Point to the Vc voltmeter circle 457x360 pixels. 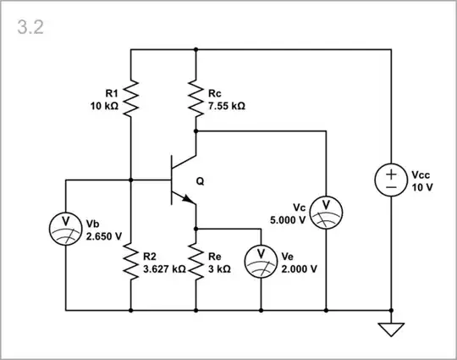click(326, 212)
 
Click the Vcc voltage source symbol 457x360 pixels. click(391, 180)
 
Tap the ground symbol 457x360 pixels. click(391, 329)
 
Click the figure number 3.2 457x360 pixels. click(30, 26)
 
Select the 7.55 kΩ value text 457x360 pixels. click(226, 107)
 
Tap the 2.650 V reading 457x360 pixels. click(103, 235)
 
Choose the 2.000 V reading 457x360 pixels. click(299, 269)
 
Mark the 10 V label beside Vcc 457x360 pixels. click(422, 186)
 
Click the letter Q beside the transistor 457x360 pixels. click(200, 180)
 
